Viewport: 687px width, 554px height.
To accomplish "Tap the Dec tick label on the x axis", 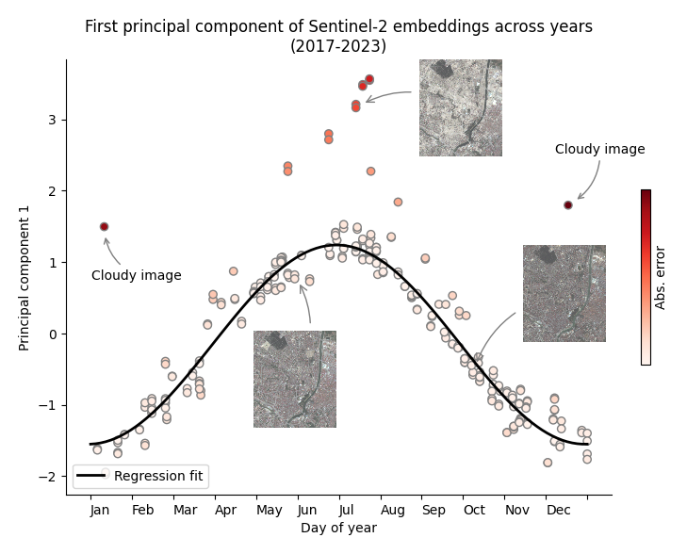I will tap(558, 511).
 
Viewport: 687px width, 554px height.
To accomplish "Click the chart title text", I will tap(338, 36).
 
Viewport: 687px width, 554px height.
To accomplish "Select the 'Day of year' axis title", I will tap(338, 529).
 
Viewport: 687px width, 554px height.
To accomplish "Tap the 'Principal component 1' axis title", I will tap(25, 277).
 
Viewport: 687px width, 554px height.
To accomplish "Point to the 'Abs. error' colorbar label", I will tap(661, 277).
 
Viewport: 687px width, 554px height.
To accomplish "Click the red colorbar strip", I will tap(646, 277).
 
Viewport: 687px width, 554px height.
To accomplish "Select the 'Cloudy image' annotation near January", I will tap(137, 276).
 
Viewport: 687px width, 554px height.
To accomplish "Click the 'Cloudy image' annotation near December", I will tap(599, 150).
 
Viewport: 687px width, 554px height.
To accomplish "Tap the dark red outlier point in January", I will tap(104, 227).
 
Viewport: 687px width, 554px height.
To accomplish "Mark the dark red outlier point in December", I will tap(568, 205).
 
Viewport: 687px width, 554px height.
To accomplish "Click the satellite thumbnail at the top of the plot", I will tap(460, 107).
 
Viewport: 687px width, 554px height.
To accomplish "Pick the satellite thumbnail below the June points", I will tap(294, 379).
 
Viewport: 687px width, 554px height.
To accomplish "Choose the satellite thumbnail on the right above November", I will tap(564, 293).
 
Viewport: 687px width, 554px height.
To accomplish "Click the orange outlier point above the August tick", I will tap(398, 202).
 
